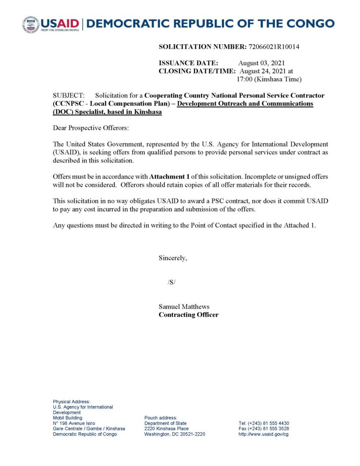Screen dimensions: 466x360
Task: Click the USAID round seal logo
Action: click(x=30, y=25)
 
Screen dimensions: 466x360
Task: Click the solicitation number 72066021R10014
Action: click(x=273, y=46)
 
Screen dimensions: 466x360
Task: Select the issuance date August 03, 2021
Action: click(x=262, y=63)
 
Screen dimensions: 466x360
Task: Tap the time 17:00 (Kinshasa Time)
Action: click(x=269, y=79)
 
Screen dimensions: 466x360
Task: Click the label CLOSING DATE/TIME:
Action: click(x=197, y=71)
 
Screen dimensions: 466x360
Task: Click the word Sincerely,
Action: click(x=172, y=258)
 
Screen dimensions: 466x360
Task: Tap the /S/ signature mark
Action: click(x=171, y=282)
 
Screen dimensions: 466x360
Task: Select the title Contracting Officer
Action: click(x=188, y=314)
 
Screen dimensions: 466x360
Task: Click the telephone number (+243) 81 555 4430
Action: click(x=268, y=423)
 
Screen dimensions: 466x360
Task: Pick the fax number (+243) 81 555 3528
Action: click(x=268, y=429)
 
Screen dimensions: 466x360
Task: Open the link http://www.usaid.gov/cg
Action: click(x=264, y=434)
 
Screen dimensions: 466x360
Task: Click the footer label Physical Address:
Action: click(x=71, y=401)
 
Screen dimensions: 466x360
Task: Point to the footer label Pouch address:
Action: click(x=160, y=418)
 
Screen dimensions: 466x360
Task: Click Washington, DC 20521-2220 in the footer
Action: click(x=174, y=434)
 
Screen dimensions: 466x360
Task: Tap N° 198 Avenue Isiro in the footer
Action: click(x=74, y=423)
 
